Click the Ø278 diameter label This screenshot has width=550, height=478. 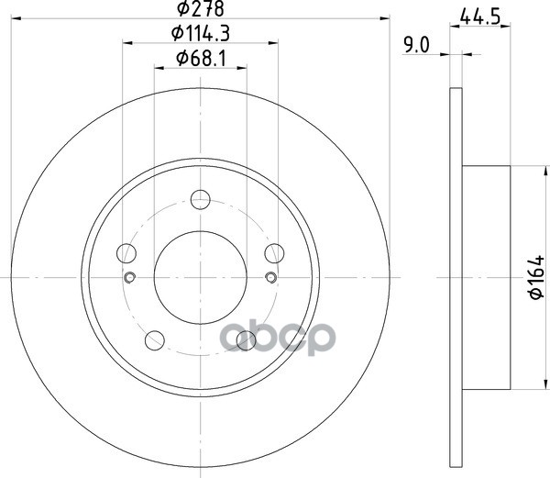[201, 8]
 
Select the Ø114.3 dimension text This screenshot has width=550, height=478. [201, 34]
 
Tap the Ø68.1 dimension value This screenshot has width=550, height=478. [201, 58]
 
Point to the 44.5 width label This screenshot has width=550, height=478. [479, 17]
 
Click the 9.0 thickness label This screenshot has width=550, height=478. [416, 45]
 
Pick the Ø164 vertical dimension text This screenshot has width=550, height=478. [536, 277]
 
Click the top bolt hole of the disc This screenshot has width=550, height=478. [200, 200]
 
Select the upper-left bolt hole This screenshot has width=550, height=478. [126, 253]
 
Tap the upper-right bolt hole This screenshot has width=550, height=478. [274, 253]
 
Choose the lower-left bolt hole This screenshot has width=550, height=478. [155, 340]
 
